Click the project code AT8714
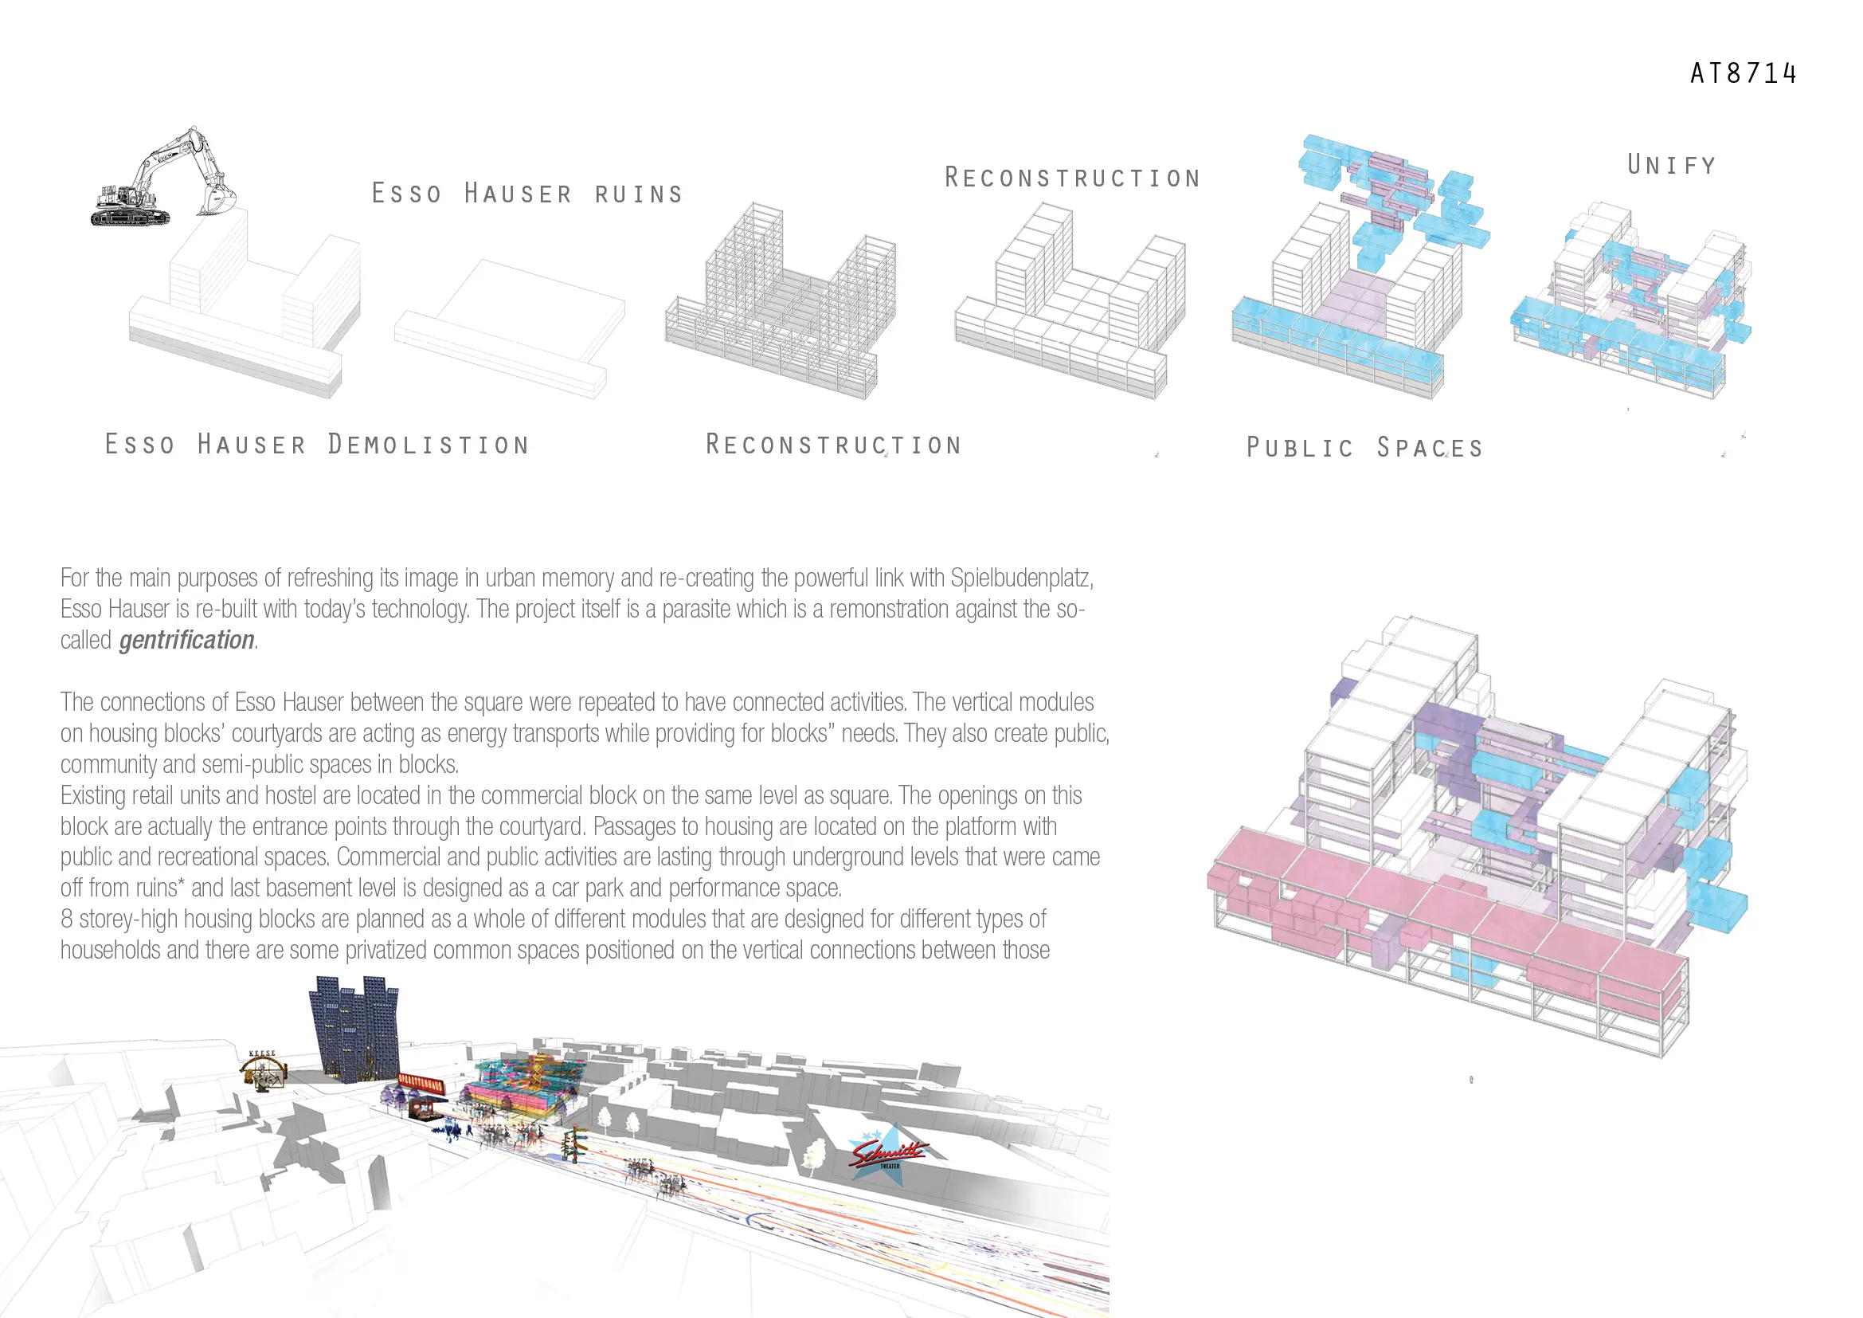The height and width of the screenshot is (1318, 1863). [x=1743, y=74]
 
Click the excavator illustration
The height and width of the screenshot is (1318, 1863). [x=162, y=178]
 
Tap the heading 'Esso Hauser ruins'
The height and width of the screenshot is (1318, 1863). [x=527, y=194]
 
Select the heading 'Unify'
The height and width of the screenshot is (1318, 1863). [x=1672, y=166]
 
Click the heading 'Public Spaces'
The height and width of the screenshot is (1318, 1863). [x=1365, y=447]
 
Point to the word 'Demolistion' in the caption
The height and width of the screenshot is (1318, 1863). [x=429, y=445]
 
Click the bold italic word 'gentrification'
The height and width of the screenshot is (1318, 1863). [x=186, y=641]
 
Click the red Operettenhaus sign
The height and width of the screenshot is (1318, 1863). [x=421, y=1082]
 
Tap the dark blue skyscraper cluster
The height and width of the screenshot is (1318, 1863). [x=354, y=1029]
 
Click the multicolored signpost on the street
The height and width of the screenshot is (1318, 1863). [x=576, y=1141]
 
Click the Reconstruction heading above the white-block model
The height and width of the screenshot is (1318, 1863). [x=1072, y=178]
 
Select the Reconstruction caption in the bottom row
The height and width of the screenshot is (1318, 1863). [x=833, y=445]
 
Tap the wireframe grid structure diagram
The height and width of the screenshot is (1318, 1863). [x=781, y=304]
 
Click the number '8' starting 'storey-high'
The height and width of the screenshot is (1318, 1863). [x=67, y=920]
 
